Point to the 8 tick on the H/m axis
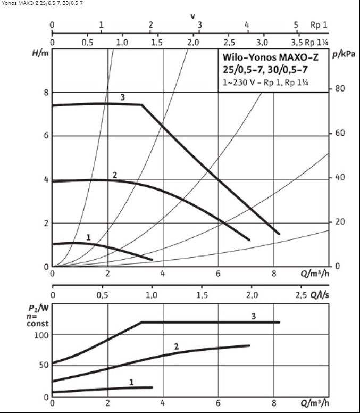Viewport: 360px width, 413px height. tap(46, 92)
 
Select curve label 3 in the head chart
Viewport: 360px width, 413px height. tap(122, 97)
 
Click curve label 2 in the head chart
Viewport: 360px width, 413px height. tap(114, 175)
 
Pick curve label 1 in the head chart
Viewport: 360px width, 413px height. tap(88, 237)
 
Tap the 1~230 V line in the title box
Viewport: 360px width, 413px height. tap(266, 82)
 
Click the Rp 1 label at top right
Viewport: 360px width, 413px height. tap(319, 25)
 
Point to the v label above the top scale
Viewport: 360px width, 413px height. tap(192, 16)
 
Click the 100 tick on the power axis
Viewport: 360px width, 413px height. tap(41, 335)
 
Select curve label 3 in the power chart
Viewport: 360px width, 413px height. tap(254, 316)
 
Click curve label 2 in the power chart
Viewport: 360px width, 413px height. tap(176, 346)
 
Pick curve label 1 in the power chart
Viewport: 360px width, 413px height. tap(131, 382)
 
